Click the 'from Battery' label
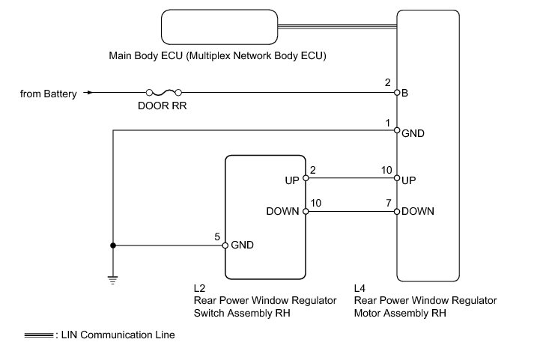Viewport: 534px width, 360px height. tap(49, 94)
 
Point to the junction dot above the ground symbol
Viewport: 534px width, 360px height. tap(112, 245)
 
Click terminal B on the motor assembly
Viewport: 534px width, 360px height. tap(397, 93)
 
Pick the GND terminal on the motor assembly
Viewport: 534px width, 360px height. tap(397, 130)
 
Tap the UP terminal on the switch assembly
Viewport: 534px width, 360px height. tap(306, 179)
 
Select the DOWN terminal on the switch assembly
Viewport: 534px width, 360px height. tap(306, 212)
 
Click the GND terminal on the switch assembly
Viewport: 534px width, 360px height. tap(225, 245)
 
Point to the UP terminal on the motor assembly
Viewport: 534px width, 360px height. tap(397, 179)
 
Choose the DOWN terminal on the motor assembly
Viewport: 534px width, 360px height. tap(397, 212)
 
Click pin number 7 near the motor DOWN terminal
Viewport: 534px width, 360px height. tap(388, 203)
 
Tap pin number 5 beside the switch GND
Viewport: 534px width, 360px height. tap(217, 237)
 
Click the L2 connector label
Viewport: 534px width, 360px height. tap(199, 287)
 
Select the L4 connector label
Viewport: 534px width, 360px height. tap(360, 287)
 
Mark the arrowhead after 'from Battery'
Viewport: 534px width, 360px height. tap(90, 93)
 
